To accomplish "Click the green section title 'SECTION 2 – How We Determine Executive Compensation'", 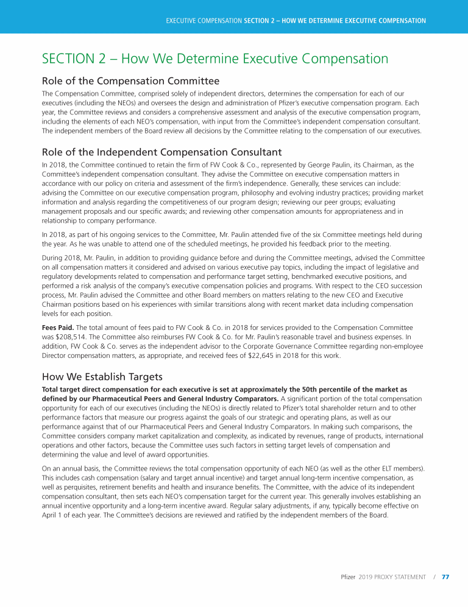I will click(214, 59).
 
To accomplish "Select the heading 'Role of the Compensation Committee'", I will click(130, 81).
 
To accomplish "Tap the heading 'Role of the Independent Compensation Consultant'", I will click(161, 152).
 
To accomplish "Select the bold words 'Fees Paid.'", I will click(59, 328).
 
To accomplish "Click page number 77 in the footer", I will click(445, 577).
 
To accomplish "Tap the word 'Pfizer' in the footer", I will click(348, 577).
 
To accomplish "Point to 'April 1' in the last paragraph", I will click(52, 514).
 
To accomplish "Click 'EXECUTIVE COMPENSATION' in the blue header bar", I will click(204, 21).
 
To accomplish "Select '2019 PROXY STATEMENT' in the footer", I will click(392, 577).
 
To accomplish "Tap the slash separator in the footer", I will click(434, 577).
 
